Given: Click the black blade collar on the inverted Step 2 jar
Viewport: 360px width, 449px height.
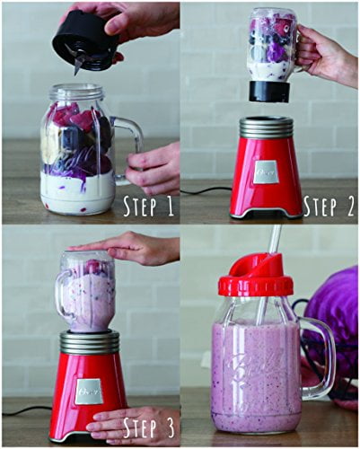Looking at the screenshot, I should point(269,91).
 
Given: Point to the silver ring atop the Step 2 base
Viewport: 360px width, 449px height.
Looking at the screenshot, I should point(266,127).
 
